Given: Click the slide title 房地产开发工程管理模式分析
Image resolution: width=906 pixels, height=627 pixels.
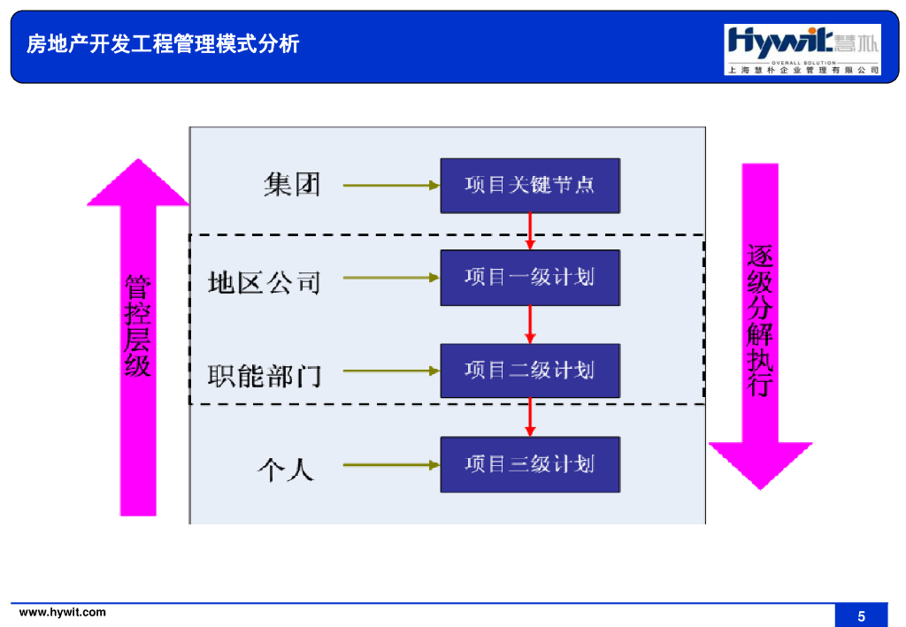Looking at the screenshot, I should pos(163,43).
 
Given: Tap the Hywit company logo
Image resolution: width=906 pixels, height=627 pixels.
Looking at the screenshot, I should pos(802,50).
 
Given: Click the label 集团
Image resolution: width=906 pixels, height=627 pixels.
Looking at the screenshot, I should pos(292,185).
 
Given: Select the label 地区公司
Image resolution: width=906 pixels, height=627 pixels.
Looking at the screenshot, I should pos(264,283).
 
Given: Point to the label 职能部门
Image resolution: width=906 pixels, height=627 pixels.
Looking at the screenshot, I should pos(264,376).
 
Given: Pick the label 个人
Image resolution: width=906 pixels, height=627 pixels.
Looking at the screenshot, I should pos(285,469).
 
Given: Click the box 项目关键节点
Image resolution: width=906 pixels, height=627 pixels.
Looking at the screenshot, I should pos(530,185).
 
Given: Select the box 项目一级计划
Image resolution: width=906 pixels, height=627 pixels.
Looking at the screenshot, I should pos(530,278).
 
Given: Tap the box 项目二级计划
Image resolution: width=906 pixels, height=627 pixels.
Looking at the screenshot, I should pos(530,371).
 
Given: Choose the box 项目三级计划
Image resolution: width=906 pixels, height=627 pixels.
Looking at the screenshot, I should pos(530,464).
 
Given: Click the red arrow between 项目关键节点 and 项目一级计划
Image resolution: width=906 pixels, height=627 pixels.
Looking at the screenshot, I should pos(530,231).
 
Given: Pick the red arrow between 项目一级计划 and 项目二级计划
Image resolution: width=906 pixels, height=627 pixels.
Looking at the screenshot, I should pos(530,325).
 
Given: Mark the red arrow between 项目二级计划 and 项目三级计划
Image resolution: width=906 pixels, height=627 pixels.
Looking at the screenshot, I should pos(530,417).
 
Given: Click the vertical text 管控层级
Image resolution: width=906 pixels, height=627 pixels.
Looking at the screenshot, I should pos(138,325).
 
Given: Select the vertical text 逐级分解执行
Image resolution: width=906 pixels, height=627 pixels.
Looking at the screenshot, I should pos(760,320).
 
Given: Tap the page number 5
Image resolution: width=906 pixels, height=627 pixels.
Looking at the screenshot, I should pos(861,616).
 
